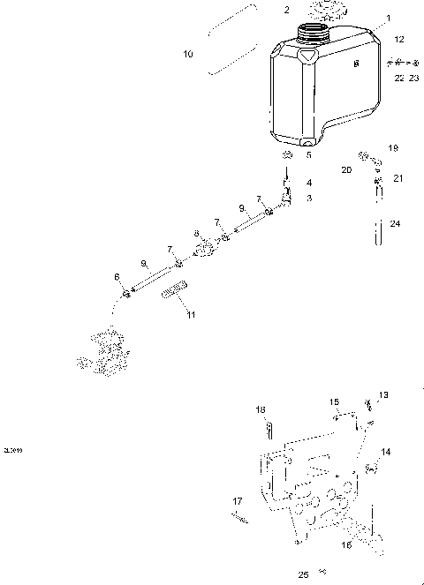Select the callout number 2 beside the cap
(261, 10)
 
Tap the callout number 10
(187, 55)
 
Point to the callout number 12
(399, 40)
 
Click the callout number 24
(395, 224)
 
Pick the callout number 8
(196, 234)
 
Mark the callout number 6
(116, 277)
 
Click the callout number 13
(382, 394)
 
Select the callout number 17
(237, 502)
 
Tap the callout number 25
(303, 574)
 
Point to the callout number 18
(261, 409)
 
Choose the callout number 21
(397, 178)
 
